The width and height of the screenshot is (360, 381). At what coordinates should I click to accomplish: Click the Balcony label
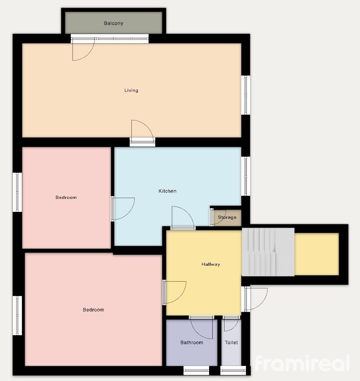tap(114, 23)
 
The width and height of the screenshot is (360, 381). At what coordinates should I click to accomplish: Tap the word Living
tap(131, 90)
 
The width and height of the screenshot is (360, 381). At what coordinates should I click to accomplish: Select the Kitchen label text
tap(168, 191)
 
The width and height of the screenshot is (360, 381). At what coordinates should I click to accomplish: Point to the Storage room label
tap(227, 217)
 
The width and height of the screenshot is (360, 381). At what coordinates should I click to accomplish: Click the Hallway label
tap(211, 264)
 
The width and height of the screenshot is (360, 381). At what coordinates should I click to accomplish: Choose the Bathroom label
tap(191, 342)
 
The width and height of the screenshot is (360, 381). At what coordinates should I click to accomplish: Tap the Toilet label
tap(231, 342)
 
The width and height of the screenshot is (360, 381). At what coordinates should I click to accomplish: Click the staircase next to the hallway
tap(268, 252)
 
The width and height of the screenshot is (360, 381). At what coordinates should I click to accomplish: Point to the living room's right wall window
tap(246, 95)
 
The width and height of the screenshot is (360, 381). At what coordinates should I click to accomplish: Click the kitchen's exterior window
tap(246, 176)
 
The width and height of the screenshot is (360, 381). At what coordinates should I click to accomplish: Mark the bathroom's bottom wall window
tap(196, 370)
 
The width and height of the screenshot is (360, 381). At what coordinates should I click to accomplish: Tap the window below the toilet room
tap(233, 370)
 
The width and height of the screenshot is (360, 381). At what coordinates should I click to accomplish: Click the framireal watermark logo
tap(302, 363)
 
